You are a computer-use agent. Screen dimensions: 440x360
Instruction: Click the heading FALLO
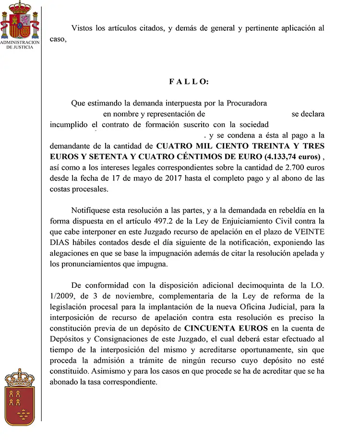[x=189, y=82]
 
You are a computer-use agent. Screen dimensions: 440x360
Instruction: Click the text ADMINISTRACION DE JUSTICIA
[x=20, y=45]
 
